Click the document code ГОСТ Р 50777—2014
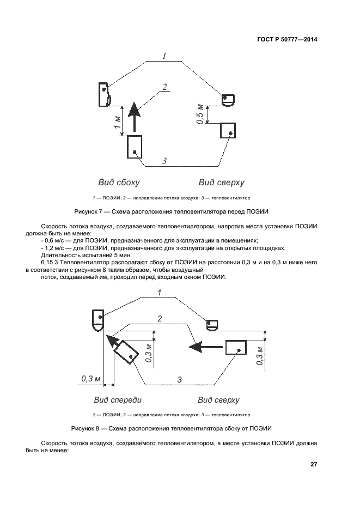point(288,40)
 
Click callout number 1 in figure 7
point(163,56)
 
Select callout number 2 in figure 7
point(164,87)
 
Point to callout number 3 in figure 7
point(164,160)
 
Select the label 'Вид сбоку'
point(119,183)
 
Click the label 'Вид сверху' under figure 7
point(221,183)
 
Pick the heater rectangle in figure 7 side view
point(135,147)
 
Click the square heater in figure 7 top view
point(228,131)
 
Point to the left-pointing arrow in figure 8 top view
point(204,345)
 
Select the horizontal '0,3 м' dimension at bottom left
point(90,378)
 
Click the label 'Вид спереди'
point(118,400)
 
